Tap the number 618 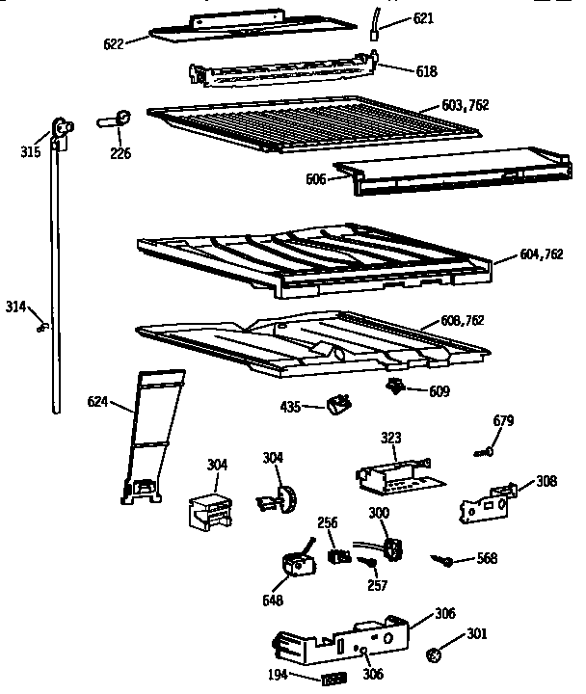click(398, 71)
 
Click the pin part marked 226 click(116, 121)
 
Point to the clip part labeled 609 click(394, 387)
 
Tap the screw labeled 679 click(486, 450)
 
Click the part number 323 click(389, 437)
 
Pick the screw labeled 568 click(442, 560)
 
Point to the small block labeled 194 click(333, 679)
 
